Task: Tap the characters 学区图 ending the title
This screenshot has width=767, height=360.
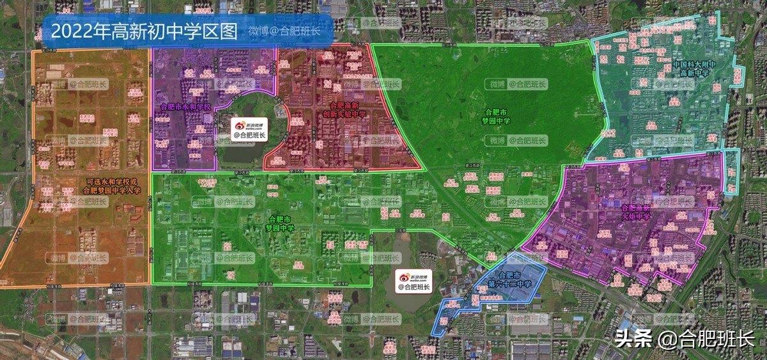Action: coord(217,31)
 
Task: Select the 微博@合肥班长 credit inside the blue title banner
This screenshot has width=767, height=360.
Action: coord(284,31)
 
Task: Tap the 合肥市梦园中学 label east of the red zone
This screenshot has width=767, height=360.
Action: coord(497,116)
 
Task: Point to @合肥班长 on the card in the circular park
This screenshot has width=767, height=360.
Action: coord(249,135)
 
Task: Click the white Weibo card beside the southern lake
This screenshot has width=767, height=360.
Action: coord(414,282)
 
